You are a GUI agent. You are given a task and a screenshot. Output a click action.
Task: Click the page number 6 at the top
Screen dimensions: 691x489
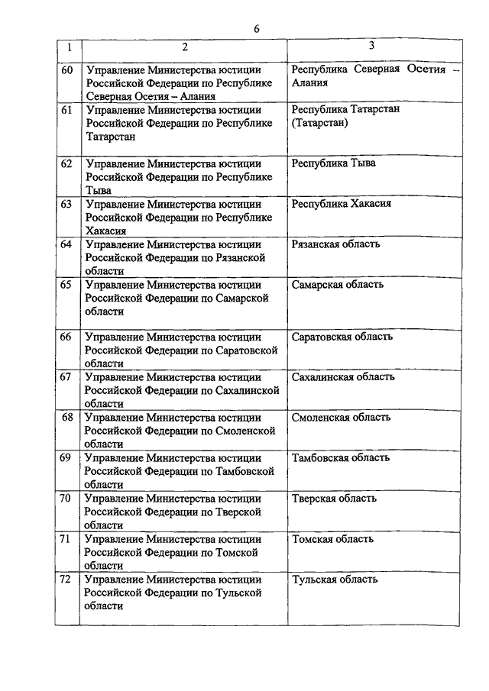click(257, 28)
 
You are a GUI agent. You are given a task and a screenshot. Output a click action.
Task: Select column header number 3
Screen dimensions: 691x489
click(371, 46)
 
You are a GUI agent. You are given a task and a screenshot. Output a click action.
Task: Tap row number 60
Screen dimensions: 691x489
click(66, 69)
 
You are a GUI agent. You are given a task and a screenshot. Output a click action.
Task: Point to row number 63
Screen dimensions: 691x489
click(66, 204)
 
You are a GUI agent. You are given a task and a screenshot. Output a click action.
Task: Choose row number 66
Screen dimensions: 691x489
click(66, 337)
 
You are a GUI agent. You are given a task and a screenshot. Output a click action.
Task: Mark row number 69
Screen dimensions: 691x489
click(66, 458)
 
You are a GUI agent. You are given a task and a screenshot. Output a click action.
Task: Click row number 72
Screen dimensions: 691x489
click(66, 580)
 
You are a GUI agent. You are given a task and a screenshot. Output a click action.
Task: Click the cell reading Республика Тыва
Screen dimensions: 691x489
click(334, 163)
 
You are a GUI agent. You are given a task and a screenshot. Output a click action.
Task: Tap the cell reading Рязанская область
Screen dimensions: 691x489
click(336, 244)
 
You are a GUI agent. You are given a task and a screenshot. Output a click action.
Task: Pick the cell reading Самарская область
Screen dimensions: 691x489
click(338, 285)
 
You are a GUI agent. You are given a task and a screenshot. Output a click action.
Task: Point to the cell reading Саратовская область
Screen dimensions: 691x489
click(342, 336)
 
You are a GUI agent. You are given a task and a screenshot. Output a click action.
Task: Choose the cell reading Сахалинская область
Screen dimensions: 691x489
click(343, 376)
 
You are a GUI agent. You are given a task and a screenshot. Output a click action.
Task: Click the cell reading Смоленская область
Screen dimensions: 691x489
click(341, 417)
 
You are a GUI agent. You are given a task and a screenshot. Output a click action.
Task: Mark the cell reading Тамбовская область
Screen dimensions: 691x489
click(341, 457)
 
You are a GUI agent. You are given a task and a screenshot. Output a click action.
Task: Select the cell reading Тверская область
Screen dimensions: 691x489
click(334, 499)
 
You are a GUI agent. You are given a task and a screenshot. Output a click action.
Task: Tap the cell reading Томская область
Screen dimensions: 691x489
click(332, 539)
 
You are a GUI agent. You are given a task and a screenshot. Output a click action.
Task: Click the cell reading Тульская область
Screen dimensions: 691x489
click(335, 580)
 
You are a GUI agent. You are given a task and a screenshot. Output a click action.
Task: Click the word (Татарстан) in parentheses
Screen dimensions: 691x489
click(319, 123)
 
